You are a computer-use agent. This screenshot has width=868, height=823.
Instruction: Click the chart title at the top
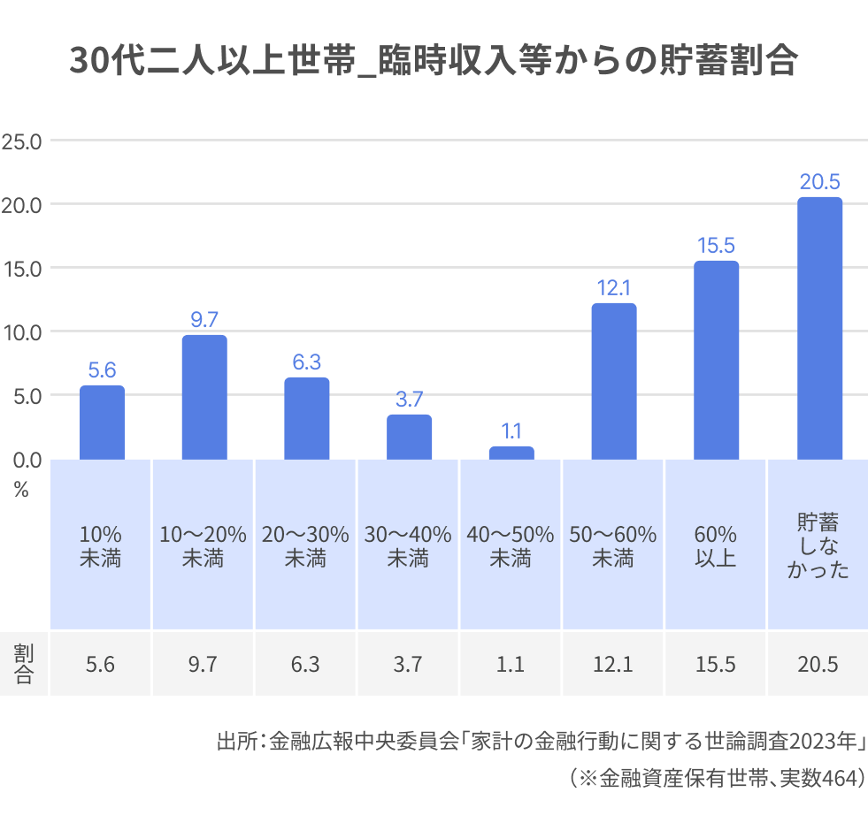click(x=434, y=63)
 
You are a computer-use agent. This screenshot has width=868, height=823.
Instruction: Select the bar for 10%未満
click(x=102, y=423)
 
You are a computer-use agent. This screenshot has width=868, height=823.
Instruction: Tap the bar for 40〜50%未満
click(x=511, y=453)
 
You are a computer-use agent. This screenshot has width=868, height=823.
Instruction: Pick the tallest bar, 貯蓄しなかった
click(x=819, y=328)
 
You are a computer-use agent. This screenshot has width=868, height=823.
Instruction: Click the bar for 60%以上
click(x=716, y=360)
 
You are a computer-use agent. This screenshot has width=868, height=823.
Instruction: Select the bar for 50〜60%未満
click(x=614, y=381)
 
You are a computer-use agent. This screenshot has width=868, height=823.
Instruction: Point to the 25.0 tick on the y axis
click(x=21, y=141)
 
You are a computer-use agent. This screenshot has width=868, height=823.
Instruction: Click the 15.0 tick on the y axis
click(x=21, y=268)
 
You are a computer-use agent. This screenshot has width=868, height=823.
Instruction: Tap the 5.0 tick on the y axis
click(x=21, y=395)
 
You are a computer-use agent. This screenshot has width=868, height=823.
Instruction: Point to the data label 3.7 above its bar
click(x=409, y=399)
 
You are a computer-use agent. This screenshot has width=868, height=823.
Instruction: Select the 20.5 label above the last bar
click(x=819, y=182)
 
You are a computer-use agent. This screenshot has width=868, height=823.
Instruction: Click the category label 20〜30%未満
click(x=305, y=546)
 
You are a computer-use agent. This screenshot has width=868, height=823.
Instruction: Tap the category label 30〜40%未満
click(x=408, y=546)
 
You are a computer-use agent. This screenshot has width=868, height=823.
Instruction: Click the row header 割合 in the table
click(x=23, y=664)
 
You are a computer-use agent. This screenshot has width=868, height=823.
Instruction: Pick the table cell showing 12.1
click(x=613, y=664)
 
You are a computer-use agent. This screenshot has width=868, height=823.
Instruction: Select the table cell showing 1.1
click(x=511, y=664)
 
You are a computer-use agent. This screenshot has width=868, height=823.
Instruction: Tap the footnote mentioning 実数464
click(x=717, y=778)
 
